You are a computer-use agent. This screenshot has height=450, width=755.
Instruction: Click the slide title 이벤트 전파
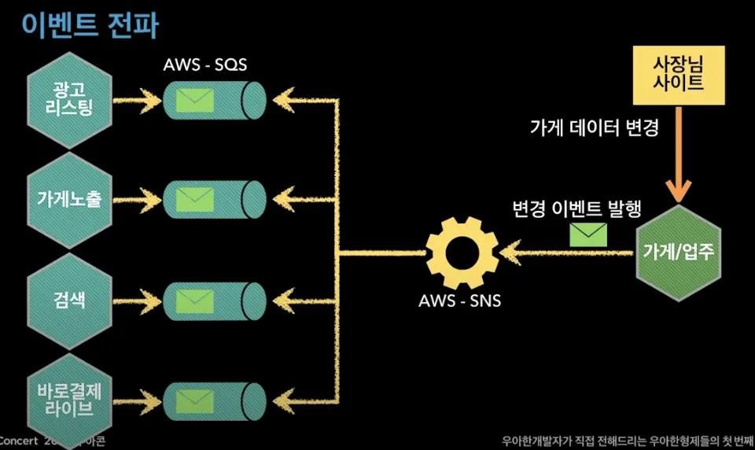coord(90,25)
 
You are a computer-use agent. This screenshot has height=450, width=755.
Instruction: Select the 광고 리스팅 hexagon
coord(69,100)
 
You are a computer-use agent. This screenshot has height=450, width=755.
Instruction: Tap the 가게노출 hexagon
coord(69,198)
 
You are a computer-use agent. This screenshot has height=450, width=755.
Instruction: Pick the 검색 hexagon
coord(69,299)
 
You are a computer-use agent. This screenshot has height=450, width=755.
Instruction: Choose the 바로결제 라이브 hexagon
coord(69,399)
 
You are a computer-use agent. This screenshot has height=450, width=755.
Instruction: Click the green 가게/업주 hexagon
coord(678,252)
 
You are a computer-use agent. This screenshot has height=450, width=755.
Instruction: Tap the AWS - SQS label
coord(205,65)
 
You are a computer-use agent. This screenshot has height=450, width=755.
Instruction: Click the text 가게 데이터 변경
coord(594,127)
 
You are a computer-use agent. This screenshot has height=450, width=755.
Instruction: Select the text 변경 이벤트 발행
coord(576,209)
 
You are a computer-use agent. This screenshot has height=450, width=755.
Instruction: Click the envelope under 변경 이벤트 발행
coord(587,234)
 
